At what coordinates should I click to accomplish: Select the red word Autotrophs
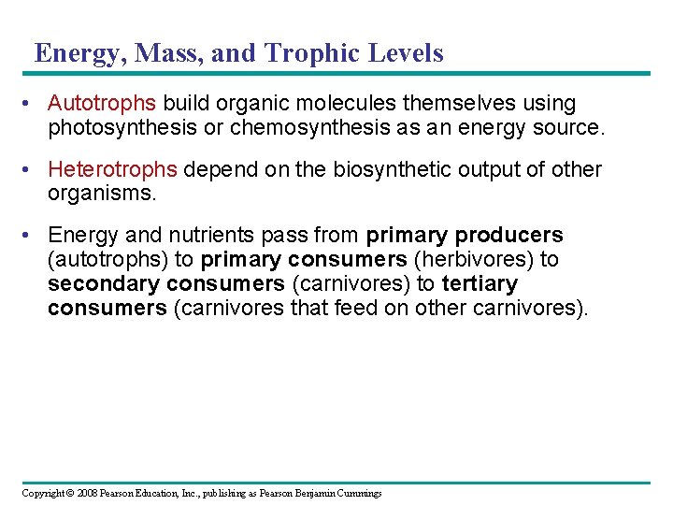tap(102, 103)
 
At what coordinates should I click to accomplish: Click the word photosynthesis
tap(122, 127)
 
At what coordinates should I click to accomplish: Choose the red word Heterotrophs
tap(112, 170)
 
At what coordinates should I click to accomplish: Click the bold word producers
tap(508, 236)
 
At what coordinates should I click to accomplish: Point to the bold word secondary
tap(102, 284)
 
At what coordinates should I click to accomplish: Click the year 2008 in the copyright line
tap(86, 493)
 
